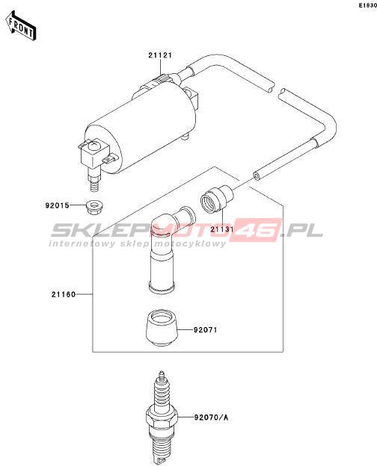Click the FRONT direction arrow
coord(21,25)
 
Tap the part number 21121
coord(160,55)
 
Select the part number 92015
coord(57,205)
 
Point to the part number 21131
coord(221,229)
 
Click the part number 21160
coord(64,294)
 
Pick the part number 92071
coord(205,330)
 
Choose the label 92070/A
coord(211,417)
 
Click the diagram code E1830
coord(367,5)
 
